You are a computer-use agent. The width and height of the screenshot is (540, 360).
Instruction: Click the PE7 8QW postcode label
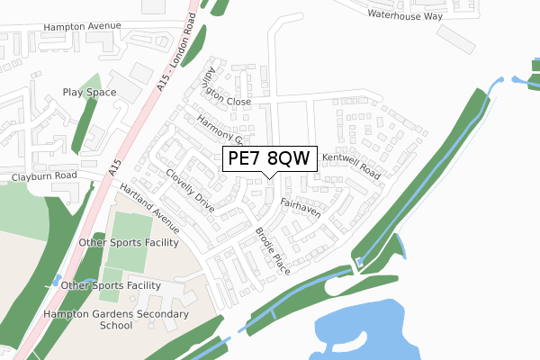269,158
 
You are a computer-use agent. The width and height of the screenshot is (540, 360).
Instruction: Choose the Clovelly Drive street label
190,191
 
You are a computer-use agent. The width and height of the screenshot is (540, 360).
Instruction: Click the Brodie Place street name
272,251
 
